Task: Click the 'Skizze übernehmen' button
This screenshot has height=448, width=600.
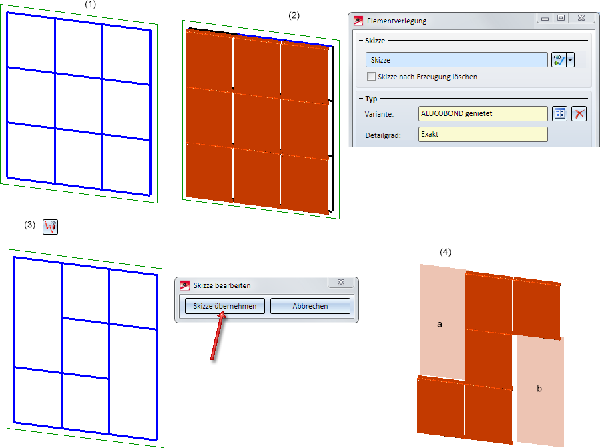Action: (x=225, y=306)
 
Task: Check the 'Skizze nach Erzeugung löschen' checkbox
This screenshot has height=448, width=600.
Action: (x=371, y=77)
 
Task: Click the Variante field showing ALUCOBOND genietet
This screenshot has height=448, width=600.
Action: (x=483, y=113)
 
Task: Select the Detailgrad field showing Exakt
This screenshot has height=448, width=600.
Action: (x=483, y=134)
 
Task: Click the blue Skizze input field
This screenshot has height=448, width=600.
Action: (x=457, y=60)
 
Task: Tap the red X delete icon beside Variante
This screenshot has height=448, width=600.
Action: (x=579, y=113)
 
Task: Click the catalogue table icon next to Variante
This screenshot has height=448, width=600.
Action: (x=559, y=113)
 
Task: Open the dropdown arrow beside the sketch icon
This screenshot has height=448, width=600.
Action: (x=570, y=60)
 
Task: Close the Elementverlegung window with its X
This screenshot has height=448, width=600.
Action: (x=581, y=17)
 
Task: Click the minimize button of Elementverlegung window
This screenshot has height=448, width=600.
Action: (x=545, y=17)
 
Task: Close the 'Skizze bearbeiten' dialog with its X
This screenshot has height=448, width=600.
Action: (x=341, y=282)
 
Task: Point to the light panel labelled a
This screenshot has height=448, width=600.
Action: (x=442, y=321)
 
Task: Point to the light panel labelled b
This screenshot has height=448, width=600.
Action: (x=540, y=390)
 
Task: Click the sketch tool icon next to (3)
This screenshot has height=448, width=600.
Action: (x=50, y=227)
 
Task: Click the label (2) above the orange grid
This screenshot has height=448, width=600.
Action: (x=294, y=15)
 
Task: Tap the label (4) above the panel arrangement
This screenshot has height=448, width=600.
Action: (x=445, y=252)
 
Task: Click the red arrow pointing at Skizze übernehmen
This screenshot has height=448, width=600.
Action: (x=217, y=335)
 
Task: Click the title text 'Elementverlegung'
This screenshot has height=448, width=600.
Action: (x=396, y=21)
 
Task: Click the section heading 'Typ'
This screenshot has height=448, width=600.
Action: (x=371, y=99)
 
